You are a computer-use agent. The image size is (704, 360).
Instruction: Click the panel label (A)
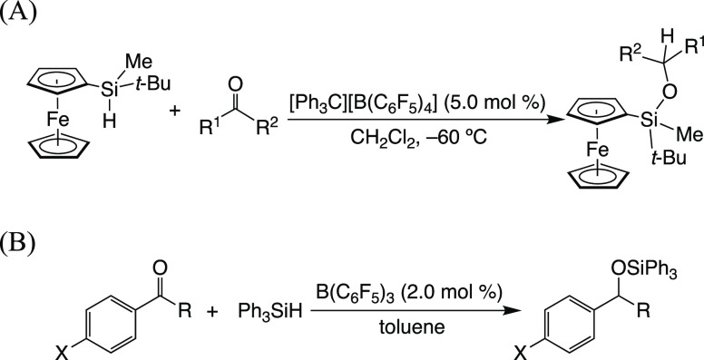19,15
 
